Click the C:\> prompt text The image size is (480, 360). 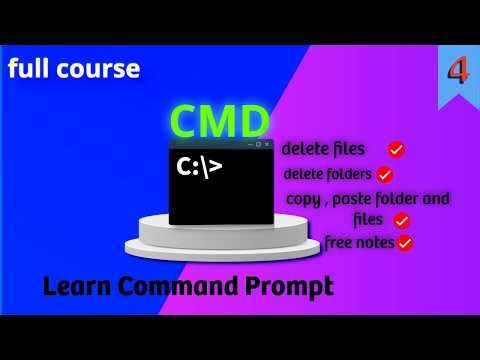point(199,166)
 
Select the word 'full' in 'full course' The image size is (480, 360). point(29,70)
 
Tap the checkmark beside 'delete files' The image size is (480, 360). point(396,149)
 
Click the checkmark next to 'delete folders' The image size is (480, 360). point(385,174)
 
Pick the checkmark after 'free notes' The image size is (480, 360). point(405,242)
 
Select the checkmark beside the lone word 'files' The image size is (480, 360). point(402,220)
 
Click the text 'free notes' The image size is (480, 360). point(359,241)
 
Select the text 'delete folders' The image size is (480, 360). point(327,174)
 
